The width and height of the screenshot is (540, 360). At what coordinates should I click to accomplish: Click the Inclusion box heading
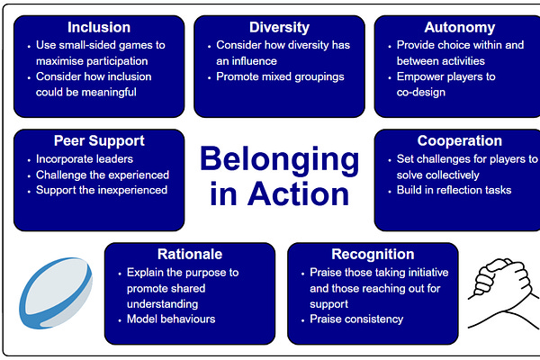click(x=99, y=27)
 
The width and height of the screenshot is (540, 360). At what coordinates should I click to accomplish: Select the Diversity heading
click(x=279, y=27)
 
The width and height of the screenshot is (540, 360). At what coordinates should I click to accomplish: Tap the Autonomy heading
click(x=459, y=27)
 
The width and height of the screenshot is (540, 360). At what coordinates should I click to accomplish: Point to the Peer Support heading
click(x=99, y=141)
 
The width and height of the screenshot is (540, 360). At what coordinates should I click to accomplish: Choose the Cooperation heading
click(x=459, y=141)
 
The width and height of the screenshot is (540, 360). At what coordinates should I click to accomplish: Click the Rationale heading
click(x=189, y=255)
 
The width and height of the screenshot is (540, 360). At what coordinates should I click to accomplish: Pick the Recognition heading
click(x=373, y=255)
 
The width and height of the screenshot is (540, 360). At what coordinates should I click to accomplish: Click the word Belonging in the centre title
click(x=279, y=160)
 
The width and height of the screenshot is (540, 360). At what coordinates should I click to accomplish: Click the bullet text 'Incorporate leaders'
click(x=83, y=158)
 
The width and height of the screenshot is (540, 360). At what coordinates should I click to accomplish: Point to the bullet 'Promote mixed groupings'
click(x=280, y=76)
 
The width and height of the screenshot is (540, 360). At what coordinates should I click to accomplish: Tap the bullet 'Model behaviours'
click(x=171, y=319)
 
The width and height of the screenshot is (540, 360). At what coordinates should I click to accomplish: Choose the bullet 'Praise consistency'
click(x=356, y=319)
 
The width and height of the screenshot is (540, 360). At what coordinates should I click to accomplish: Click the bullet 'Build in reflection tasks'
click(x=454, y=191)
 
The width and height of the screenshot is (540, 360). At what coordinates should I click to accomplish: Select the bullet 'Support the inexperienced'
click(x=101, y=191)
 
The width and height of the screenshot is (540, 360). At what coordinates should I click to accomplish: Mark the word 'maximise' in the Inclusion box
click(x=60, y=59)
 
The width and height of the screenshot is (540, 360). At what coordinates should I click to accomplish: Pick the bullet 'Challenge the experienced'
click(x=102, y=175)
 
